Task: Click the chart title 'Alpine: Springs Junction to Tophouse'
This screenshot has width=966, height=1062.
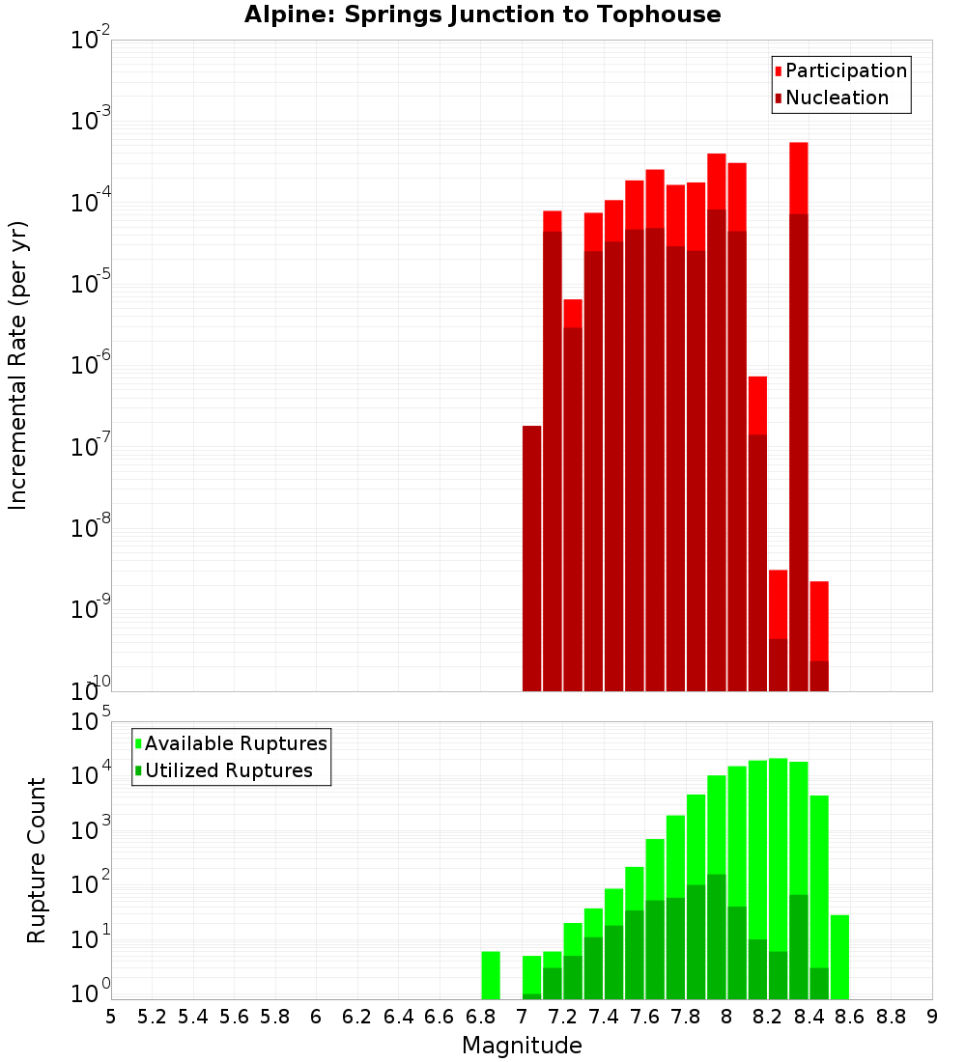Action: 482,14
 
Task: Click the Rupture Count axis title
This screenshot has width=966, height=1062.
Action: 37,860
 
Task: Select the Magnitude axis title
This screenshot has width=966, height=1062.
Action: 522,1046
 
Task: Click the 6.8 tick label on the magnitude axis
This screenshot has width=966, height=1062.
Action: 480,1017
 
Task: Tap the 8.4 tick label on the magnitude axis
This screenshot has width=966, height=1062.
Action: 809,1017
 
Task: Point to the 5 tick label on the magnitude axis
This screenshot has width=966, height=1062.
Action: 111,1017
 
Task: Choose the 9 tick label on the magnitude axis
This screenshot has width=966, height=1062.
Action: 932,1017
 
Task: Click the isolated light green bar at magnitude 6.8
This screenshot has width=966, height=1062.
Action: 491,975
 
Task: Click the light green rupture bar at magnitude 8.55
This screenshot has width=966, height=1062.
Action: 839,957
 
